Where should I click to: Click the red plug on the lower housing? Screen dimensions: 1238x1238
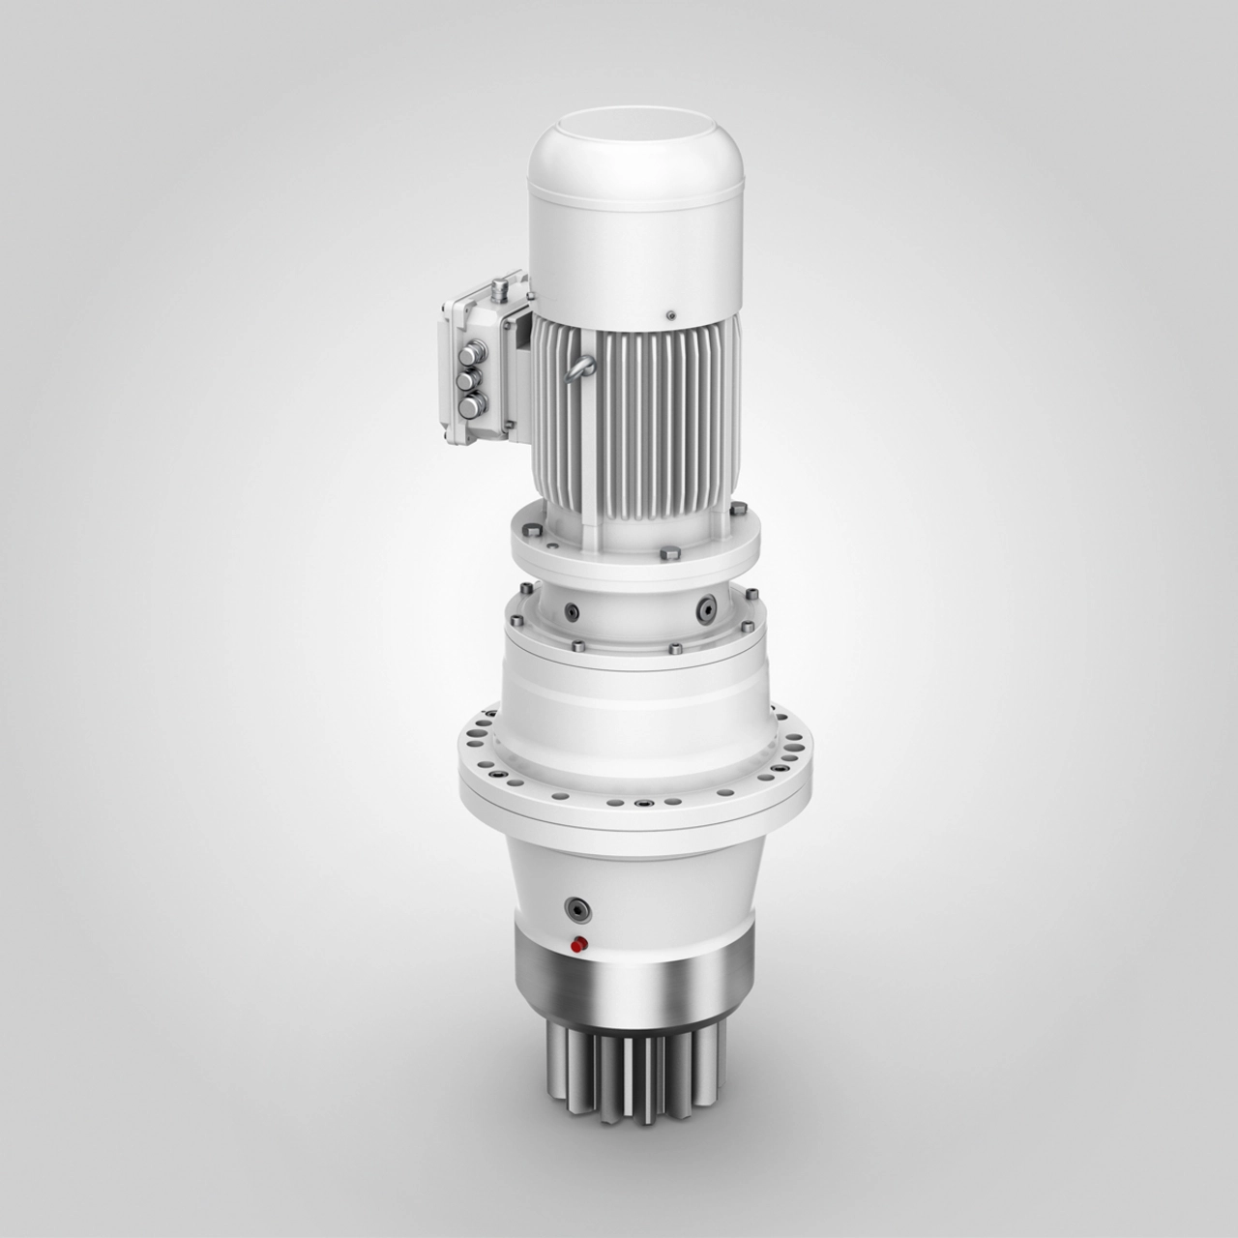coord(579,945)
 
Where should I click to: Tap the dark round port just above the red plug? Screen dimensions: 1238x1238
coord(578,909)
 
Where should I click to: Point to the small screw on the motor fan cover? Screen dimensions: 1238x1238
coord(668,312)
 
